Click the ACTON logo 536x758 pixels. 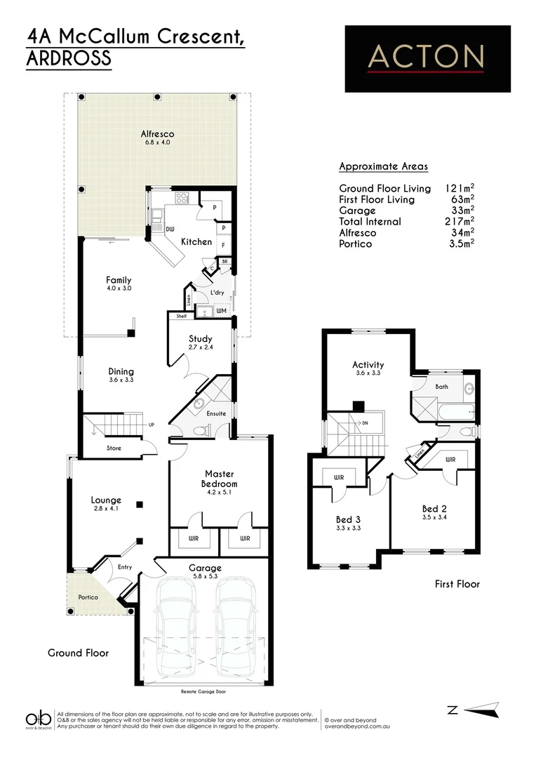pyautogui.click(x=427, y=58)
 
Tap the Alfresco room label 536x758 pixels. pyautogui.click(x=156, y=134)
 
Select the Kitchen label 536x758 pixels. pyautogui.click(x=196, y=241)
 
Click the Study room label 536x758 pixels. pyautogui.click(x=199, y=339)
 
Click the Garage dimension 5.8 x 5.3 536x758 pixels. pyautogui.click(x=204, y=577)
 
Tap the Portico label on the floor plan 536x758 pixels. pyautogui.click(x=88, y=597)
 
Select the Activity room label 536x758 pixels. pyautogui.click(x=368, y=364)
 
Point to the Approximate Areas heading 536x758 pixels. pyautogui.click(x=383, y=166)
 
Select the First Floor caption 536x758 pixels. pyautogui.click(x=457, y=583)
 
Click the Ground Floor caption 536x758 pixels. pyautogui.click(x=78, y=653)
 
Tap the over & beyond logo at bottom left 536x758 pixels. pyautogui.click(x=39, y=719)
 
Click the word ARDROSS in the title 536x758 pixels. pyautogui.click(x=69, y=59)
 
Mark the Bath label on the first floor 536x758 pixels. pyautogui.click(x=441, y=387)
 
